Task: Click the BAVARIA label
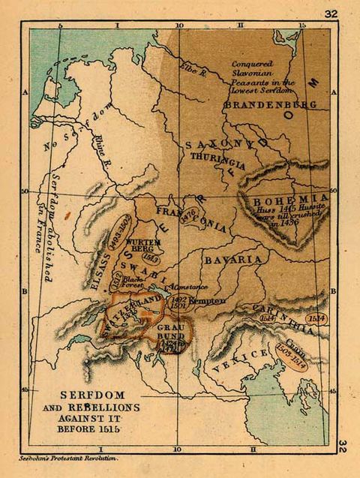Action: click(x=234, y=260)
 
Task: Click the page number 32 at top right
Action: click(x=331, y=14)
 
